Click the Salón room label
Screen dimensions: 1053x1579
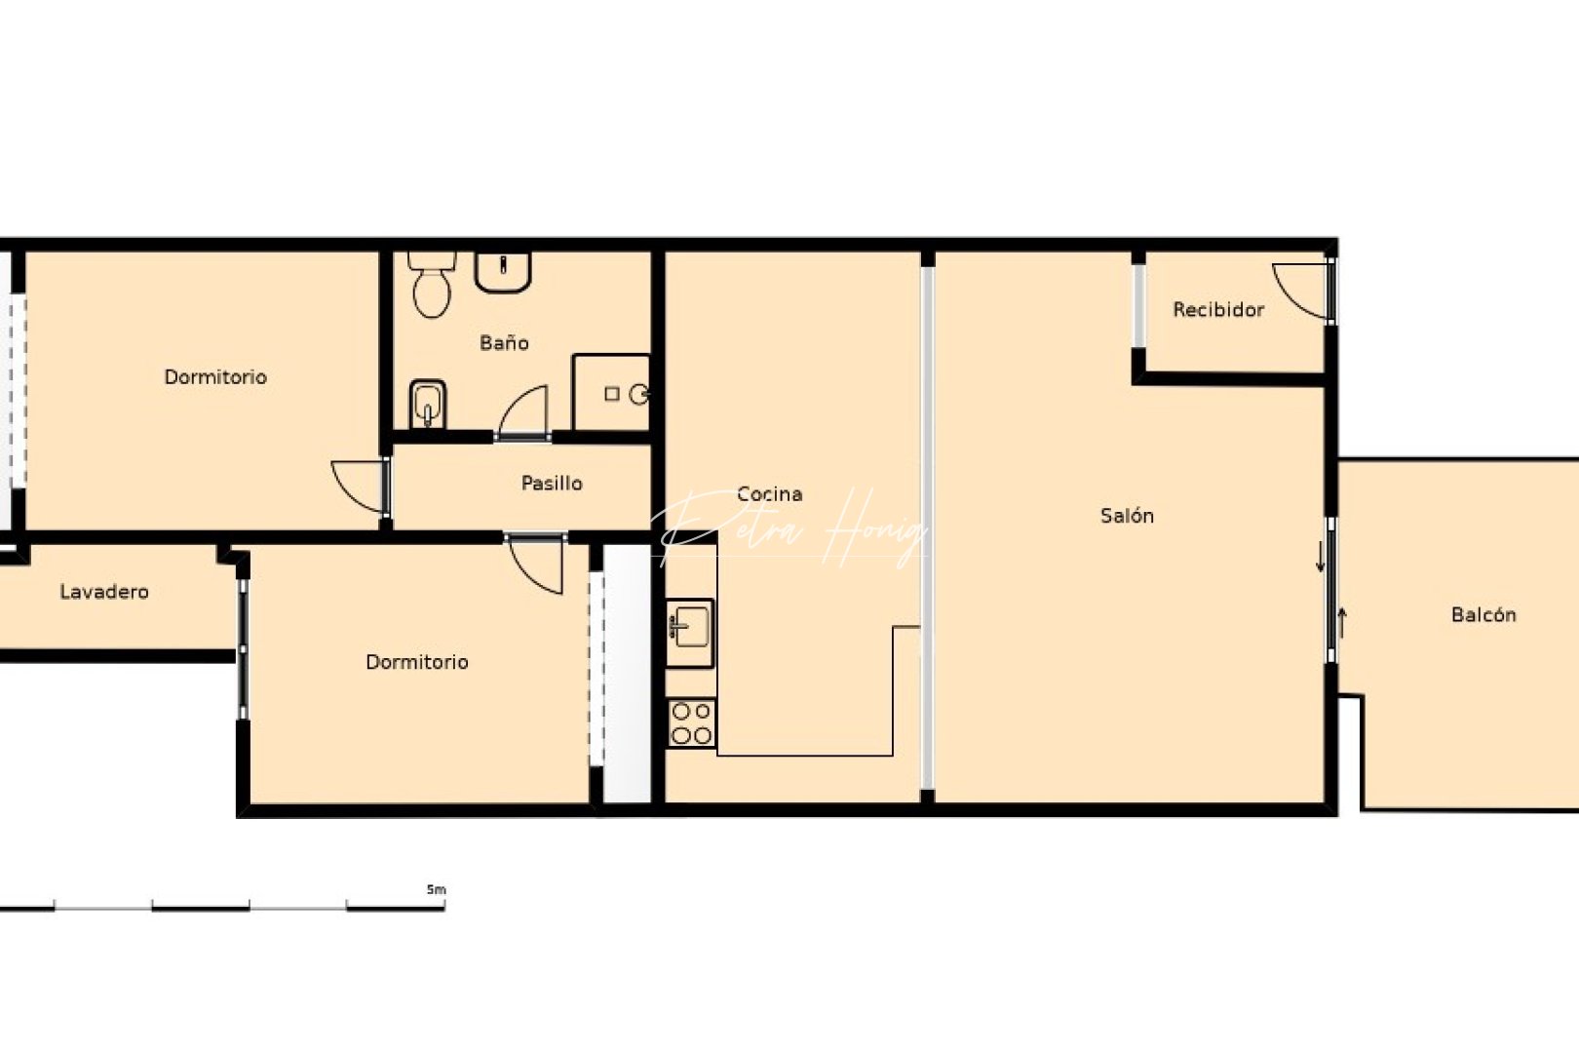tap(1127, 516)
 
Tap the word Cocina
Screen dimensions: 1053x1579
tap(769, 494)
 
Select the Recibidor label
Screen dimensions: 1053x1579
tap(1218, 310)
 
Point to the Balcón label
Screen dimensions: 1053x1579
tap(1483, 615)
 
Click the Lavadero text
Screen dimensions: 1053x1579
tap(104, 592)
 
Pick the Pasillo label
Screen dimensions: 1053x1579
tap(552, 484)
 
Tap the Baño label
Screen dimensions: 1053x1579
tap(504, 343)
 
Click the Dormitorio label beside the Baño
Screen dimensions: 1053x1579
tap(215, 377)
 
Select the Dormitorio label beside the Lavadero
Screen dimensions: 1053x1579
tap(417, 663)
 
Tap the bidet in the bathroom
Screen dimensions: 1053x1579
tap(428, 404)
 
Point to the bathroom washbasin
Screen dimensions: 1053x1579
tap(503, 270)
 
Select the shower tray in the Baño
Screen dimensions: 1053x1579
tap(611, 393)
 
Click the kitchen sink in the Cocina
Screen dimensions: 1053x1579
tap(690, 624)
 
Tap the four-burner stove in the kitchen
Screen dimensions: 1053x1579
tap(691, 723)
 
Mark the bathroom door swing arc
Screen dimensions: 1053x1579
tap(524, 411)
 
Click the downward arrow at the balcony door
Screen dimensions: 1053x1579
tap(1321, 557)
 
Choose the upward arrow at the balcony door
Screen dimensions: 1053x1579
tap(1342, 622)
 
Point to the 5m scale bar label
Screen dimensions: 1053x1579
tap(436, 889)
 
